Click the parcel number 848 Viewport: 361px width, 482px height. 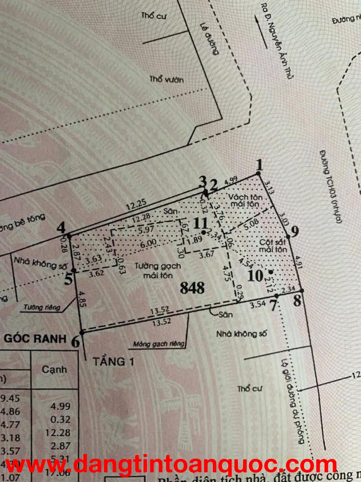click(x=192, y=288)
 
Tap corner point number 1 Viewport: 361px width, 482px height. click(x=260, y=166)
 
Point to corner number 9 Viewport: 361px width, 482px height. click(x=295, y=231)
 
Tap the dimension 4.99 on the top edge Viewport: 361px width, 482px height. click(x=232, y=181)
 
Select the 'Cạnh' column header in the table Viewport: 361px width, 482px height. click(x=54, y=370)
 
